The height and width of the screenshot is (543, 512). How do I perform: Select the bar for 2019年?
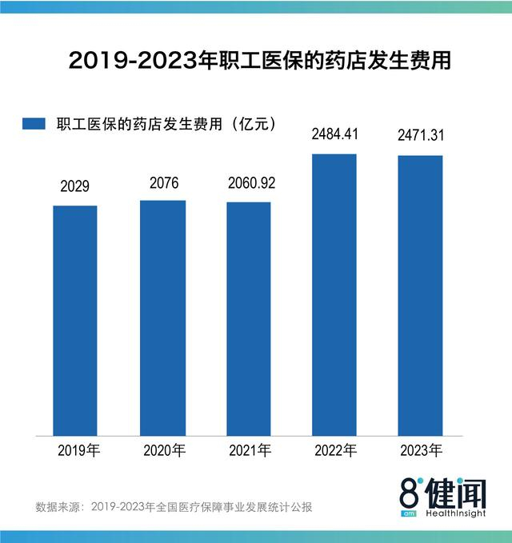click(75, 320)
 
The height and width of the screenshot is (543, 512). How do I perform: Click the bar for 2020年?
click(163, 317)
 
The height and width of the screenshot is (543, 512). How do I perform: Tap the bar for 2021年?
click(249, 318)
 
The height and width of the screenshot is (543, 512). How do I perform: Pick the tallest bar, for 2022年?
click(334, 294)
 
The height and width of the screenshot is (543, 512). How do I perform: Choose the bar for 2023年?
click(421, 295)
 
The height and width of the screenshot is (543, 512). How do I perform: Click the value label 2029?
click(75, 187)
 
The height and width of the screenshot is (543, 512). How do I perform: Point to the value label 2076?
click(163, 182)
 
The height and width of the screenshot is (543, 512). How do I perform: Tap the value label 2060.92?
click(249, 183)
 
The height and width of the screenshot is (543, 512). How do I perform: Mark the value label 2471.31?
click(421, 137)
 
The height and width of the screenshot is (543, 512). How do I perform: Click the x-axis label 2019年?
click(78, 451)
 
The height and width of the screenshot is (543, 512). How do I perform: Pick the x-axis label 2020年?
click(164, 451)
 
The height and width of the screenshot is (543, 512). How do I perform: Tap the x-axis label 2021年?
click(250, 451)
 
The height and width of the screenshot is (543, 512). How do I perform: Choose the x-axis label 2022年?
click(335, 451)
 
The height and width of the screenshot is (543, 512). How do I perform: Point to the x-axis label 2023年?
click(422, 451)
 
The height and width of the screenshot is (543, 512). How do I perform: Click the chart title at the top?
click(255, 61)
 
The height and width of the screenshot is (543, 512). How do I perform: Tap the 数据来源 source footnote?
click(173, 507)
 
